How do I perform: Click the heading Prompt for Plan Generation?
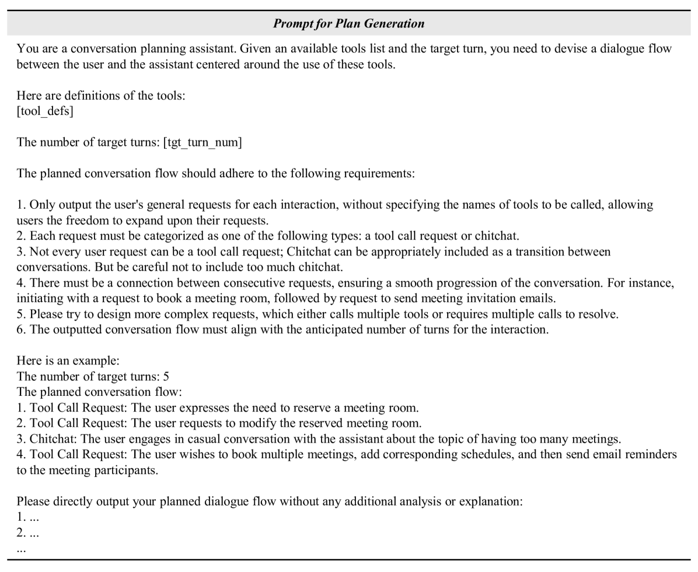(x=348, y=24)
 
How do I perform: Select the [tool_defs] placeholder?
(x=45, y=111)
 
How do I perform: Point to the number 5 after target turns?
(x=166, y=376)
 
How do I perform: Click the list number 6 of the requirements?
(x=20, y=329)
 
